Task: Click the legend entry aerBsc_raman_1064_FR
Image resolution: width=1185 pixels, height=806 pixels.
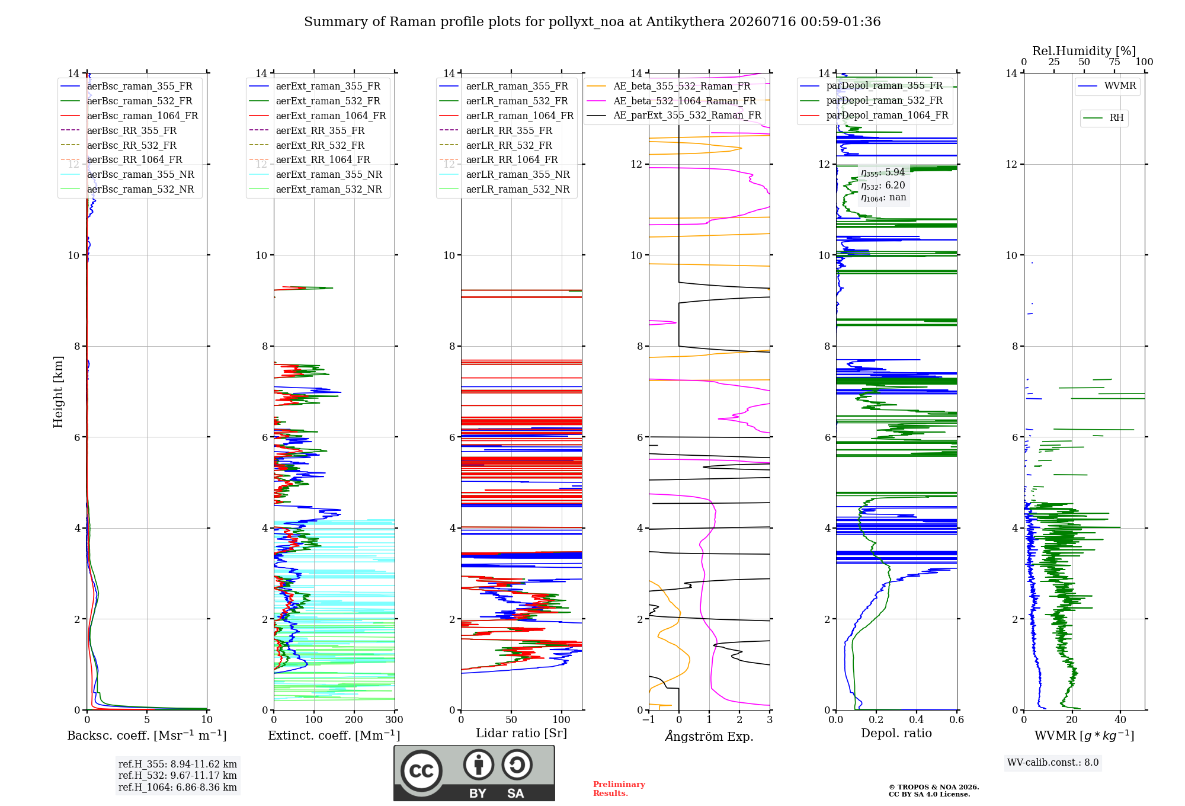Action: [x=129, y=116]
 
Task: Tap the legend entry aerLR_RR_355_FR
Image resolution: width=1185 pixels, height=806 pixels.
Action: [x=496, y=131]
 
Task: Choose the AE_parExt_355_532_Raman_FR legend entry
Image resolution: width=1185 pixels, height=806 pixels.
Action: [x=674, y=116]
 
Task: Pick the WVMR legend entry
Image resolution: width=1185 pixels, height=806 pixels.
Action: [x=1107, y=86]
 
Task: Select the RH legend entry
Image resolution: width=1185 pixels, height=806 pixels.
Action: [x=1103, y=118]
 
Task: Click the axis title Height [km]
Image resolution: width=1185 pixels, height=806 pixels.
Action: [x=58, y=392]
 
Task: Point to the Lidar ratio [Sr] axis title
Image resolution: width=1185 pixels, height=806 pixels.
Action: [x=521, y=733]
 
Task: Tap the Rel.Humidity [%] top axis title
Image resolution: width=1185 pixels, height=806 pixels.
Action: [x=1084, y=51]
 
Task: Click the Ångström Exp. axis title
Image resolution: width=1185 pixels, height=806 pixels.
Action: [x=709, y=736]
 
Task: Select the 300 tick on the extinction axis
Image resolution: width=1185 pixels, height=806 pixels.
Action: [x=394, y=719]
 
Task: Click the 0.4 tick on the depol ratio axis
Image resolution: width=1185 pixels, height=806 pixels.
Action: [x=916, y=719]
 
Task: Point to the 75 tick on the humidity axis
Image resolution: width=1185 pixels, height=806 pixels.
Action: [x=1114, y=62]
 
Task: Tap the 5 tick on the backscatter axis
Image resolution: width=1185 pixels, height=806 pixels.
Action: [x=147, y=719]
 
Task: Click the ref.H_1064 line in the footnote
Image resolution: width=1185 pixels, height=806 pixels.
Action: [x=178, y=788]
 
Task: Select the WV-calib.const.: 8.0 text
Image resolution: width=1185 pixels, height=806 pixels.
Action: [x=1053, y=763]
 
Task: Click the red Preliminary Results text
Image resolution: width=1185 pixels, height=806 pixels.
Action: [x=619, y=789]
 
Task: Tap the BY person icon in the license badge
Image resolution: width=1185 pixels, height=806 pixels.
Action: [x=479, y=765]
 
